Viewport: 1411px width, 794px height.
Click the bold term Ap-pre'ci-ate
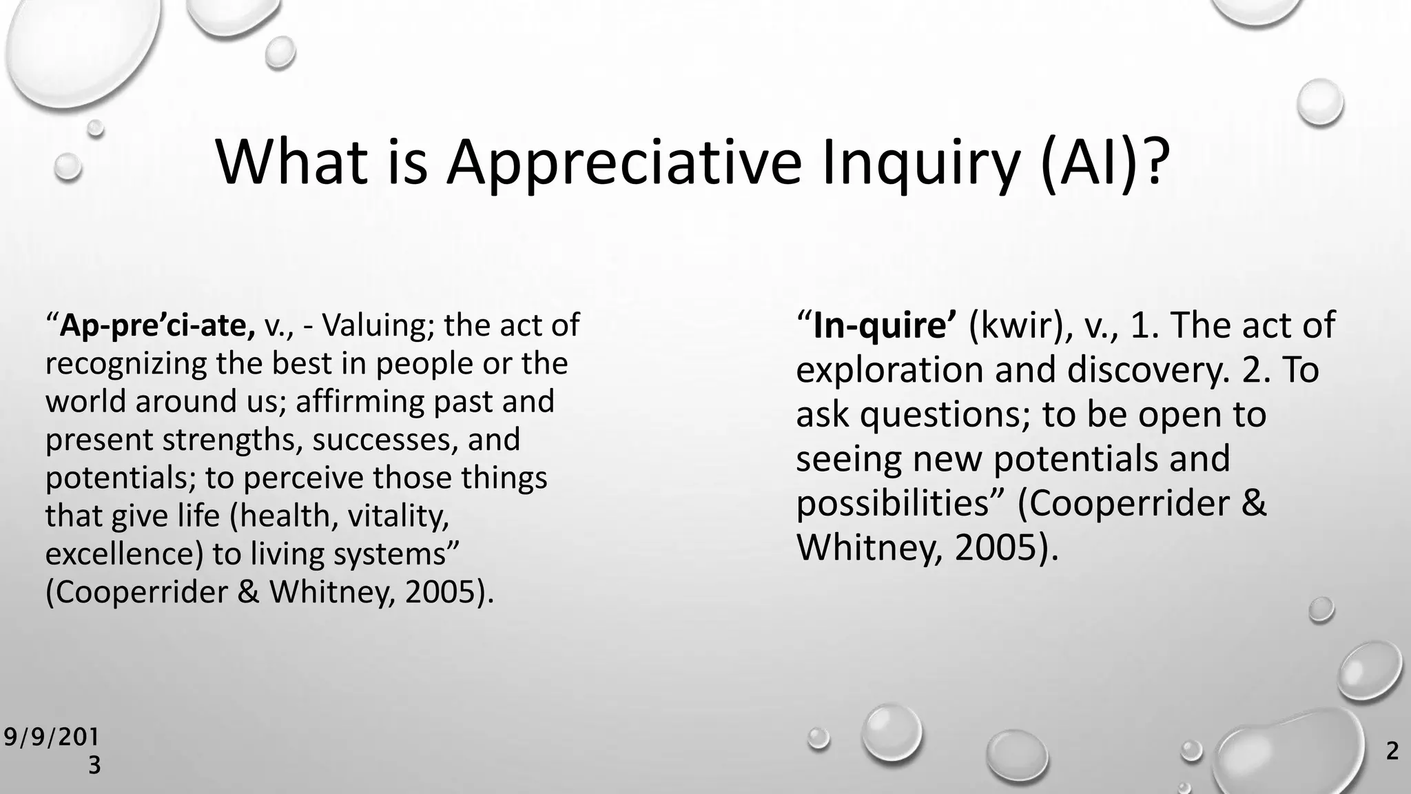pyautogui.click(x=157, y=325)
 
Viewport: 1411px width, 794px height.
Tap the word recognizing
pyautogui.click(x=126, y=363)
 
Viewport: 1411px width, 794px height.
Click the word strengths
pyautogui.click(x=233, y=440)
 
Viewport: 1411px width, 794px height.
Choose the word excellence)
pyautogui.click(x=124, y=553)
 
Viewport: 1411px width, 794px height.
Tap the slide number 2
pyautogui.click(x=1392, y=751)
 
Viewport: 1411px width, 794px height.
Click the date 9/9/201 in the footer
pyautogui.click(x=51, y=737)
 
